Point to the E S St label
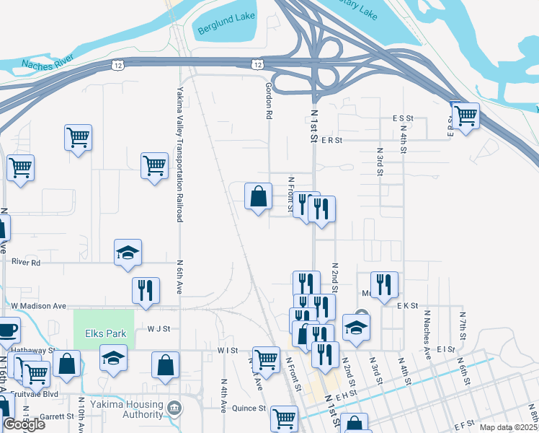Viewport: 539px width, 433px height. coord(403,118)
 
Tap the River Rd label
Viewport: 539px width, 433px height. coord(26,263)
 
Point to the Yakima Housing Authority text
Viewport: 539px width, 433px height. coord(133,409)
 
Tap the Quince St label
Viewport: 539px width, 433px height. coord(249,408)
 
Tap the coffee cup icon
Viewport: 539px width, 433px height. coord(7,330)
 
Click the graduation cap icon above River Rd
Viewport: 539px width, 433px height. coord(128,252)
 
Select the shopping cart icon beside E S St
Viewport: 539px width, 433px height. coord(466,114)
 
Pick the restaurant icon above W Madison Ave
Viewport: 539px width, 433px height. coord(146,290)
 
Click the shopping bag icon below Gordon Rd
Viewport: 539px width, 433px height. coord(258,196)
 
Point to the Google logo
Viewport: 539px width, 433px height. coord(24,424)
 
